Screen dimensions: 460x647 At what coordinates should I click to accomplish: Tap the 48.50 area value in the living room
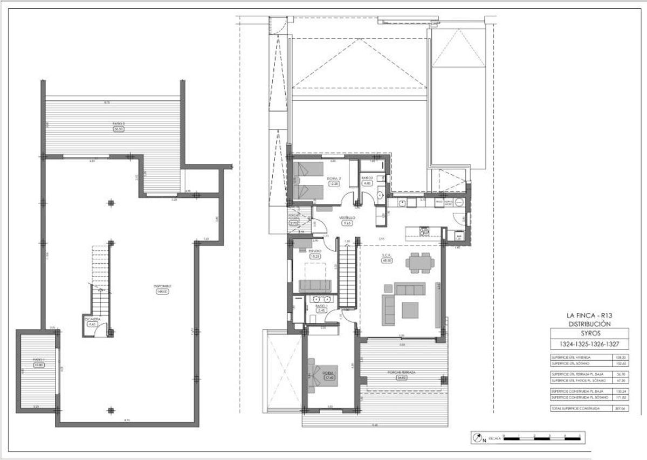[387, 260]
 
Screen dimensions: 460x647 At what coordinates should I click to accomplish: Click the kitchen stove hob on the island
[425, 231]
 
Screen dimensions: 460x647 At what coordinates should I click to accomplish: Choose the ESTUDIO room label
[315, 251]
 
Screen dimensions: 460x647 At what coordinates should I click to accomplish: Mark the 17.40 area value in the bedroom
[329, 378]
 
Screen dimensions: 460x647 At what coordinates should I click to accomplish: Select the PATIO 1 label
[38, 359]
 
